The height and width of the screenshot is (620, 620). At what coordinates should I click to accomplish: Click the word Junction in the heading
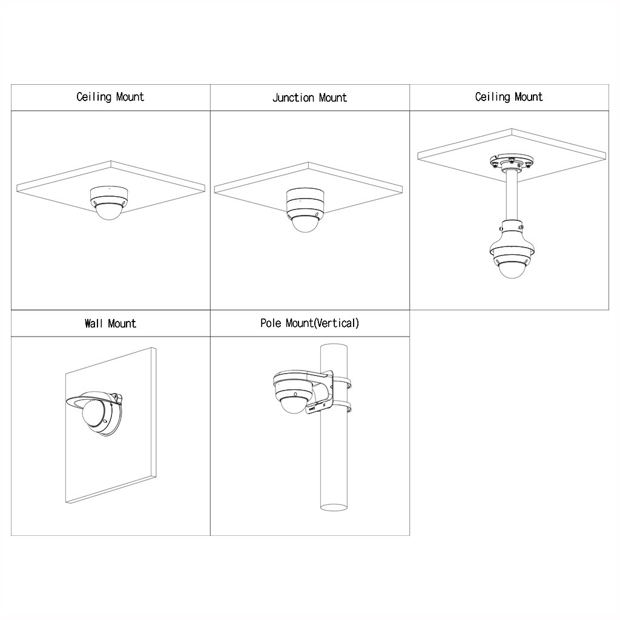pyautogui.click(x=293, y=97)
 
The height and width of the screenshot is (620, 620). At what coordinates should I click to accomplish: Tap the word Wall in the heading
pyautogui.click(x=94, y=323)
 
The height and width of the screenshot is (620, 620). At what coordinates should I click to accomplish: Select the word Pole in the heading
pyautogui.click(x=271, y=323)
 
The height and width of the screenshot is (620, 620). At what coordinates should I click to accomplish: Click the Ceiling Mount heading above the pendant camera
pyautogui.click(x=509, y=97)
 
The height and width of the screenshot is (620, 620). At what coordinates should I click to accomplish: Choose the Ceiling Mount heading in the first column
pyautogui.click(x=110, y=97)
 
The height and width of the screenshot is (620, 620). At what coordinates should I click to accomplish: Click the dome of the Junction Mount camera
pyautogui.click(x=305, y=224)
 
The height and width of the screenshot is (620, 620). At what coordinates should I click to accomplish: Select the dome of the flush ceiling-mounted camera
pyautogui.click(x=109, y=211)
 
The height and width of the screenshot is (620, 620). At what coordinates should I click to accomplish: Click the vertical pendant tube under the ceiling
pyautogui.click(x=512, y=196)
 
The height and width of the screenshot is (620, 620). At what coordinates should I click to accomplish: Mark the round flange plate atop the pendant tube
pyautogui.click(x=512, y=162)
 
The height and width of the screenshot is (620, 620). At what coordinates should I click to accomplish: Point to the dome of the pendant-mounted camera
pyautogui.click(x=512, y=269)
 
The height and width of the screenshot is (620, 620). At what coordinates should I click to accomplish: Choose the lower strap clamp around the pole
pyautogui.click(x=341, y=407)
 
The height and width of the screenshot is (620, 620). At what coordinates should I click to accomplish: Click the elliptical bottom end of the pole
pyautogui.click(x=334, y=507)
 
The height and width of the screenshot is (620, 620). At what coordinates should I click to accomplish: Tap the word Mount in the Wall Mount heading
pyautogui.click(x=122, y=323)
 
